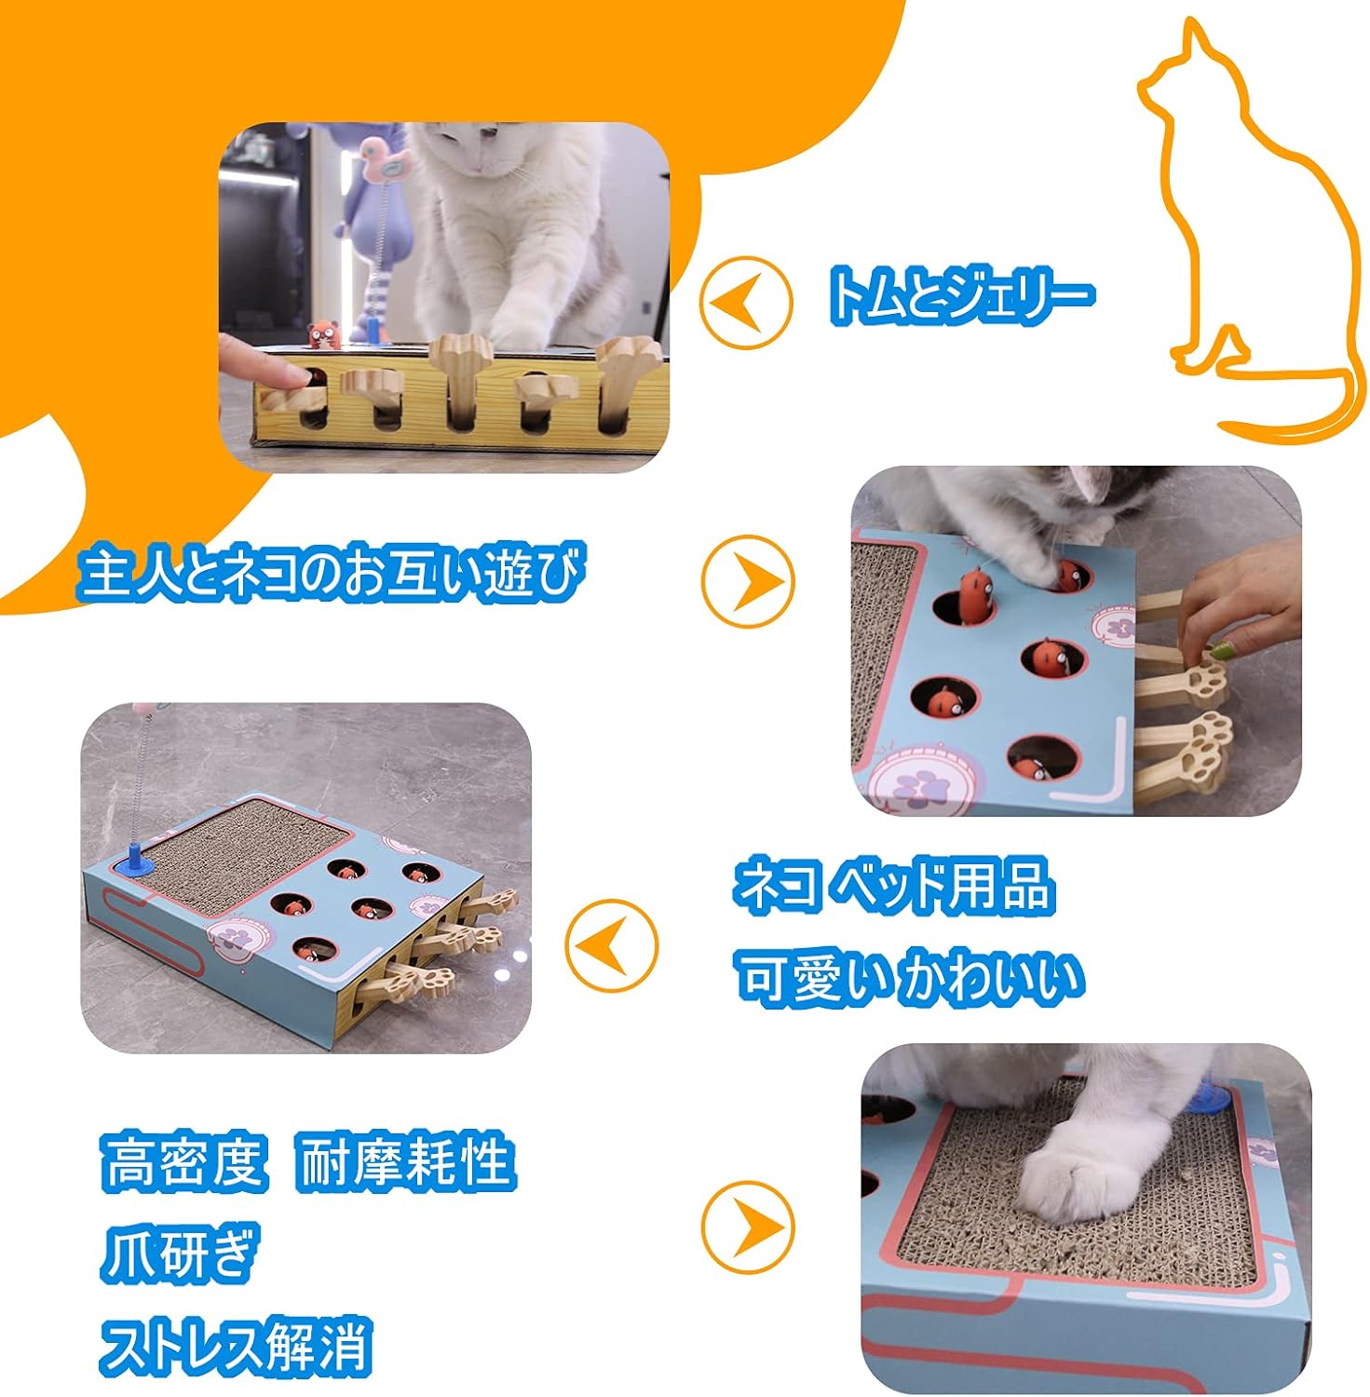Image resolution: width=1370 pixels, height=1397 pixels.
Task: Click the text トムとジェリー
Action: coord(959,296)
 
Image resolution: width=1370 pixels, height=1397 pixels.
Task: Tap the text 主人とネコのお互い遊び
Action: coord(331,573)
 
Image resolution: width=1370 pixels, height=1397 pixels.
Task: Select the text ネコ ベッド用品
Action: coord(894,886)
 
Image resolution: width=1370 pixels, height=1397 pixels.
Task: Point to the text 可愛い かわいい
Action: coord(910,977)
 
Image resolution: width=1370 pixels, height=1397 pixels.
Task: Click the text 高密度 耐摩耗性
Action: coord(307,1160)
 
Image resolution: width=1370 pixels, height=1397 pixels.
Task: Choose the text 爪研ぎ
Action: coord(177,1253)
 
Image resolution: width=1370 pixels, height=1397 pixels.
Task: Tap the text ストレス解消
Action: coord(236,1344)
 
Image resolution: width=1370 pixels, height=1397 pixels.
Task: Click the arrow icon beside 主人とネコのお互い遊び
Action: coord(748,579)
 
